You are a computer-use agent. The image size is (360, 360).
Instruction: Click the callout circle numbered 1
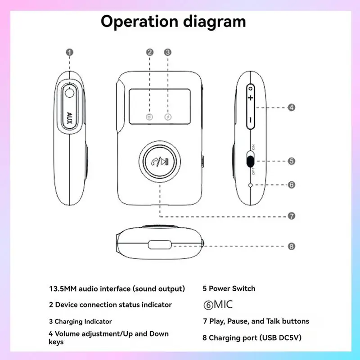point(69,52)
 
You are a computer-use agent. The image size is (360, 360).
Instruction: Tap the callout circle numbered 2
point(150,52)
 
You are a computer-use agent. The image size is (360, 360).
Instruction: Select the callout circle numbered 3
point(167,52)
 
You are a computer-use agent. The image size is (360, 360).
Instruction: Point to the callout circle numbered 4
point(291,108)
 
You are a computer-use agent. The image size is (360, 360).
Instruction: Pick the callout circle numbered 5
point(291,161)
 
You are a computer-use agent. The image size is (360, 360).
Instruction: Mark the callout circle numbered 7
point(291,216)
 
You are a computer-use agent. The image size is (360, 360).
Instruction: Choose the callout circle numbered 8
point(291,246)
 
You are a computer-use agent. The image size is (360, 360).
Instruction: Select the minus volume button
point(250,120)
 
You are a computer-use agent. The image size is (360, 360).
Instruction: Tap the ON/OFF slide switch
point(251,161)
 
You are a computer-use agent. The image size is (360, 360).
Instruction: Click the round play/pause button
point(160,162)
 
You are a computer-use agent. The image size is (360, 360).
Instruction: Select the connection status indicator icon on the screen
point(150,117)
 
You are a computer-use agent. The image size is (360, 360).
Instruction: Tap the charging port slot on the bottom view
point(159,246)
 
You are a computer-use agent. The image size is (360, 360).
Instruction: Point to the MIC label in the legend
point(223,305)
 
